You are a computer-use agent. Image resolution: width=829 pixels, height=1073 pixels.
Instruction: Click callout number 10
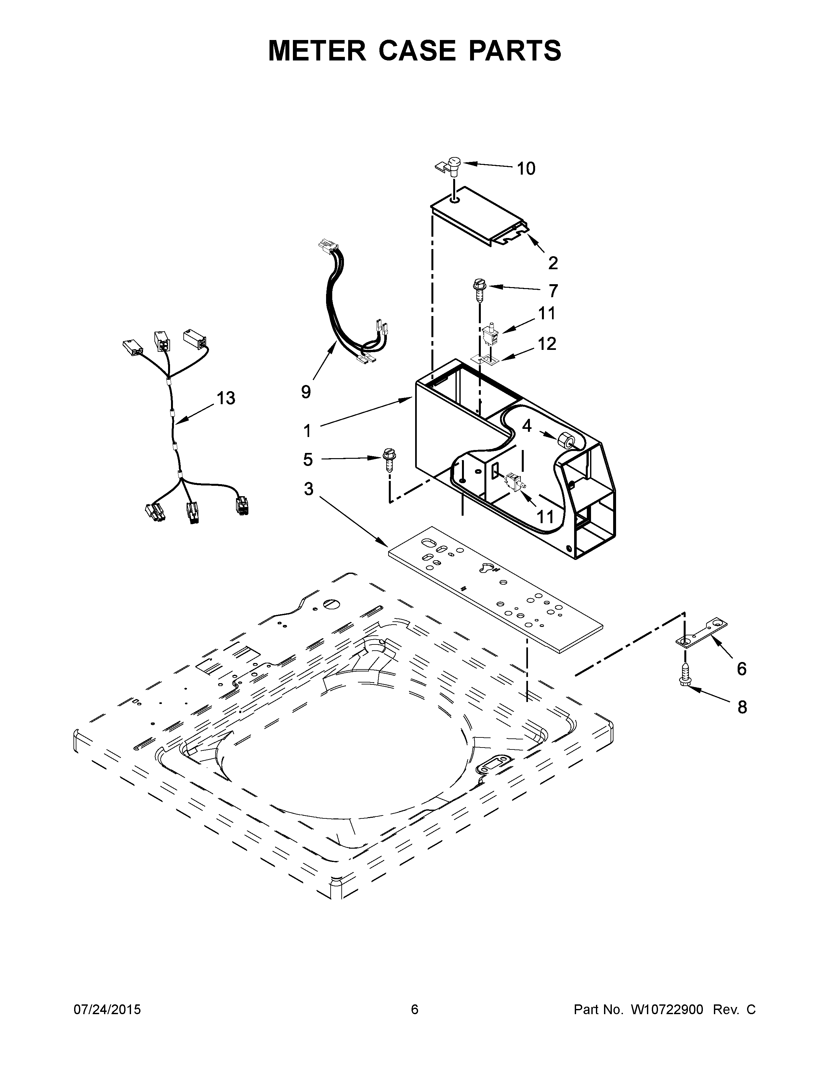tap(526, 169)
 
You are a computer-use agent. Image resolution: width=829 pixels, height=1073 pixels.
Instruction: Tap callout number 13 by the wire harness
tap(226, 398)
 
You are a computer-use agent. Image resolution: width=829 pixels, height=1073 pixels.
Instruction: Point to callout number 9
tap(306, 391)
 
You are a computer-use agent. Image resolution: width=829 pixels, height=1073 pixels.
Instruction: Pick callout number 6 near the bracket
tap(742, 668)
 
